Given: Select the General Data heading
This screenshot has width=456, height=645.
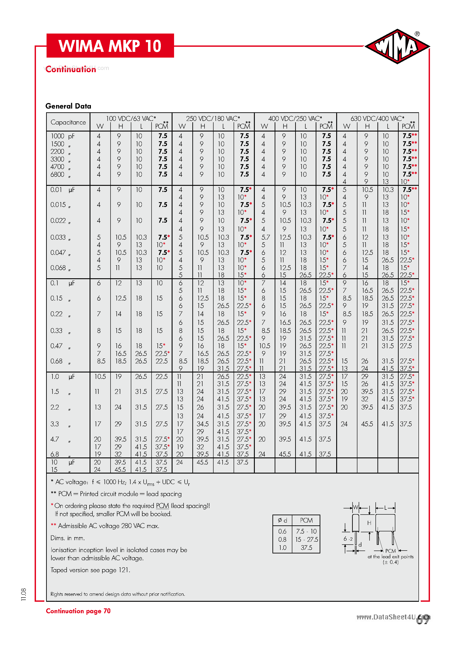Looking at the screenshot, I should (x=68, y=106).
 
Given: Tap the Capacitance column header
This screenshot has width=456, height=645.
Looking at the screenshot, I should (x=68, y=122).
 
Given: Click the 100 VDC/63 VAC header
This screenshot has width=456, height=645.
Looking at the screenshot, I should (x=131, y=118).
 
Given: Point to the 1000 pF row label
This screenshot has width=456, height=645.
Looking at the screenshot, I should (x=62, y=136).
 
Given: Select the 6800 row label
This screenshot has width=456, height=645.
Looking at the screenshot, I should (x=58, y=175).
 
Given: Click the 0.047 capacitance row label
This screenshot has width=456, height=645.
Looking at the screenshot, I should (x=56, y=253).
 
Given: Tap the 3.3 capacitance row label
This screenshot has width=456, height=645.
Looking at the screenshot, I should (x=55, y=424).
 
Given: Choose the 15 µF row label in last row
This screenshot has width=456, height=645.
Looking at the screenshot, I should (x=54, y=469).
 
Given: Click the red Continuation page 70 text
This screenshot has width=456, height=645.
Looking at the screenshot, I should (x=78, y=611).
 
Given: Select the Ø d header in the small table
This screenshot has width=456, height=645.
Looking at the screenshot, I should (x=282, y=520).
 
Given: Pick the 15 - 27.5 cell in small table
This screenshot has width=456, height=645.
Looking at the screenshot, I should (x=306, y=539).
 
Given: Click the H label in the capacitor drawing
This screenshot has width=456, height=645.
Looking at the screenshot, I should (x=369, y=523).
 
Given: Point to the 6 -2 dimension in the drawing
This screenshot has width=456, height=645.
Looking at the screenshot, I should (x=348, y=539).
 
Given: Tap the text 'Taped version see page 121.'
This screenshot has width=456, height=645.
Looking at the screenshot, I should (x=90, y=570).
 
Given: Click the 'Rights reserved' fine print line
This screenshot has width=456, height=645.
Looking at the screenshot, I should (x=118, y=594).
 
